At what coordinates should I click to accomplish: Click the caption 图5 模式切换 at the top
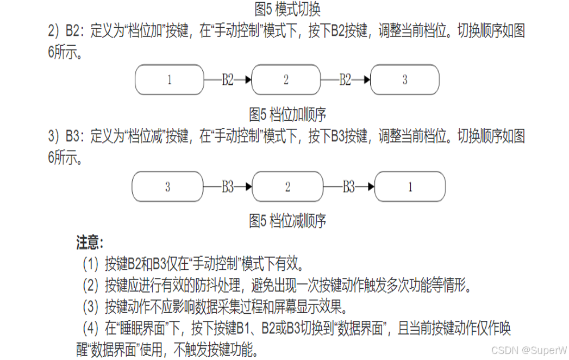click(287, 9)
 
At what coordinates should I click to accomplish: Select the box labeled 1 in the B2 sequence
click(170, 80)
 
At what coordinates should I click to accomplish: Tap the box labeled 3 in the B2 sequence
click(404, 80)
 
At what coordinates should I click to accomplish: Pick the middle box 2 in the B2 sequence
click(286, 80)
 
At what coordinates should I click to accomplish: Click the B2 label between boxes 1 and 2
click(227, 80)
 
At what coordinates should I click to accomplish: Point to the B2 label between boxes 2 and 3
click(345, 80)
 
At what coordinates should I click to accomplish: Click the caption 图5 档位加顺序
click(287, 114)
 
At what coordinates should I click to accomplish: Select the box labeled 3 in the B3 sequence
click(167, 187)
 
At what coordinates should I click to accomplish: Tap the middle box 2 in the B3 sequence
click(288, 187)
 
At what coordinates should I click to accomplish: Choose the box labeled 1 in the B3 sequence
click(410, 187)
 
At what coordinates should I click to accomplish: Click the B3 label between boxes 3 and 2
click(227, 187)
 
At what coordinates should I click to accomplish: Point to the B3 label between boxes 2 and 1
click(348, 187)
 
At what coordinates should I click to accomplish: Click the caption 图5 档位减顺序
click(287, 221)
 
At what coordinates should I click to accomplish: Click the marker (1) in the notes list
click(90, 265)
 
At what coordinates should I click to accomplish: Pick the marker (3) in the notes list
click(90, 307)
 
